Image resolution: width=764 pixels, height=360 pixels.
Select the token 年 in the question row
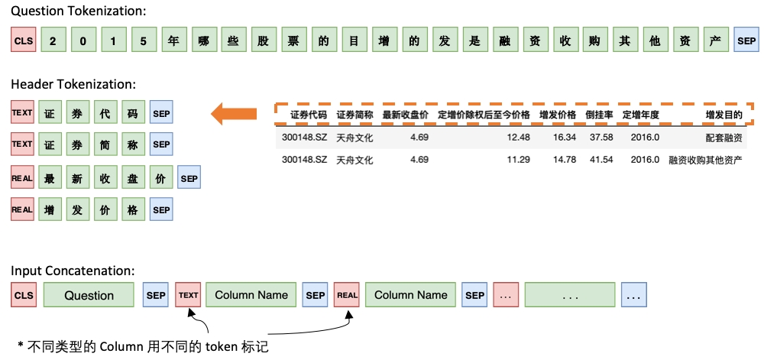coord(173,41)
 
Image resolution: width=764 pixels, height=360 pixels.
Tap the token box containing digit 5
coord(143,41)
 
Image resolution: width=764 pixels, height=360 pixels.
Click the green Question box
coord(89,295)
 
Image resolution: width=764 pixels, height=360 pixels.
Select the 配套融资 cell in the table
coord(724,138)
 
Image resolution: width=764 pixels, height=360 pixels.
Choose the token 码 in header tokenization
coord(134,113)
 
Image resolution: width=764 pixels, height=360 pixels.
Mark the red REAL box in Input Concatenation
coord(347,295)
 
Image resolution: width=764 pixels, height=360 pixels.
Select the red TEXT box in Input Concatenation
coord(188,295)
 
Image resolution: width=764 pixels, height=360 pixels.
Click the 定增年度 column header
coord(640,115)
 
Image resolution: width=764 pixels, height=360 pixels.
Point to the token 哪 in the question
coord(203,41)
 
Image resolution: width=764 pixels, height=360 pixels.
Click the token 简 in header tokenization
coord(106,144)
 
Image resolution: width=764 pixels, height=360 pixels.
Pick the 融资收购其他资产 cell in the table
coord(705,160)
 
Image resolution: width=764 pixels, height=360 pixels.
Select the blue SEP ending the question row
coord(746,41)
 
